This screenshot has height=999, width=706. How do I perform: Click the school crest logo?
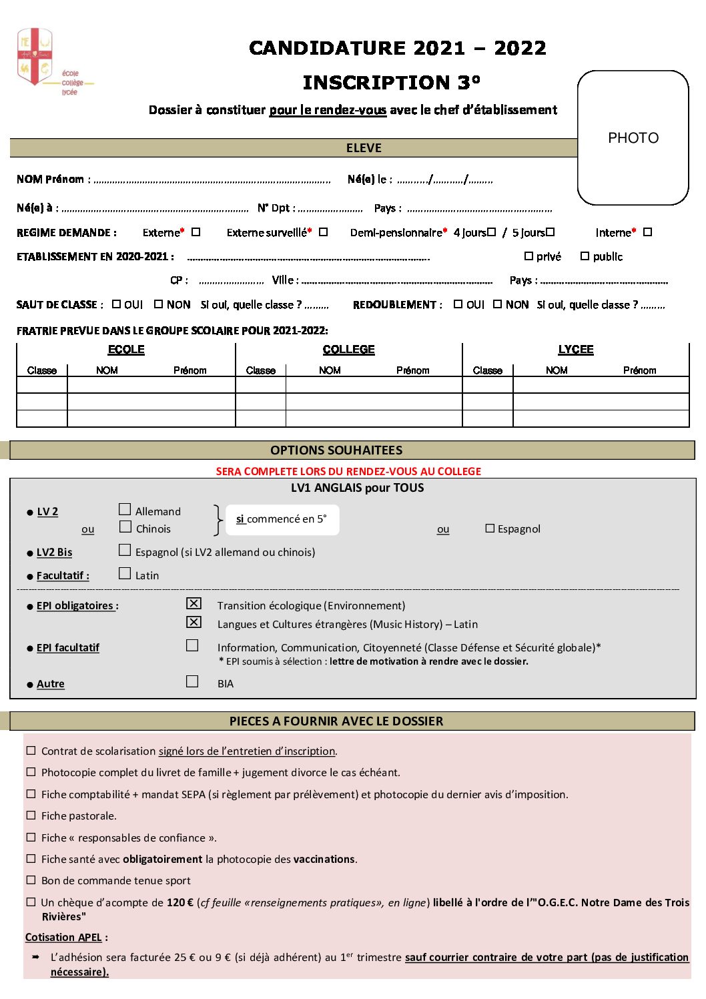(35, 56)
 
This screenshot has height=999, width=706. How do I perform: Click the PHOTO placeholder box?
(633, 137)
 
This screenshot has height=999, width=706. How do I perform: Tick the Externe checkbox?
(196, 232)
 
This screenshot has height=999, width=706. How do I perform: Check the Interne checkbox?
(647, 232)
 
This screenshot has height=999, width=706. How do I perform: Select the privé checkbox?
(528, 256)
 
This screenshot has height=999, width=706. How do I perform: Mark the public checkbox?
(585, 256)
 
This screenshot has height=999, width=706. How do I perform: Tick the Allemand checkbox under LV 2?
(125, 510)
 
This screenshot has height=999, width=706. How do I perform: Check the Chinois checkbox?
(125, 527)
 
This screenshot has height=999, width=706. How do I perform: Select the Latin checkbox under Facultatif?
(125, 574)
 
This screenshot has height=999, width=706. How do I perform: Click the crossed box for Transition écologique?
(194, 604)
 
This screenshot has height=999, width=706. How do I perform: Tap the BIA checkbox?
(192, 682)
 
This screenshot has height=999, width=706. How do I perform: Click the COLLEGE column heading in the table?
(348, 350)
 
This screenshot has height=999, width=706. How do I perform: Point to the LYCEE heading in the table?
(575, 350)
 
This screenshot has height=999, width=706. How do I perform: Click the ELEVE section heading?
(364, 148)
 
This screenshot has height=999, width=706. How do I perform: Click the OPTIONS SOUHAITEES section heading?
(336, 450)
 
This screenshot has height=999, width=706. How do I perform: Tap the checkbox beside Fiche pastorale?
(31, 815)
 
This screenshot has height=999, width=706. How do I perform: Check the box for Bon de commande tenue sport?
(31, 880)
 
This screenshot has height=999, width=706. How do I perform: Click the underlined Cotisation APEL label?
(63, 938)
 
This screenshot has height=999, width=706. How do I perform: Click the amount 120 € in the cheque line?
(180, 903)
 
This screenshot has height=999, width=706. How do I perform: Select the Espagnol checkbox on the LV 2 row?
(490, 529)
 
